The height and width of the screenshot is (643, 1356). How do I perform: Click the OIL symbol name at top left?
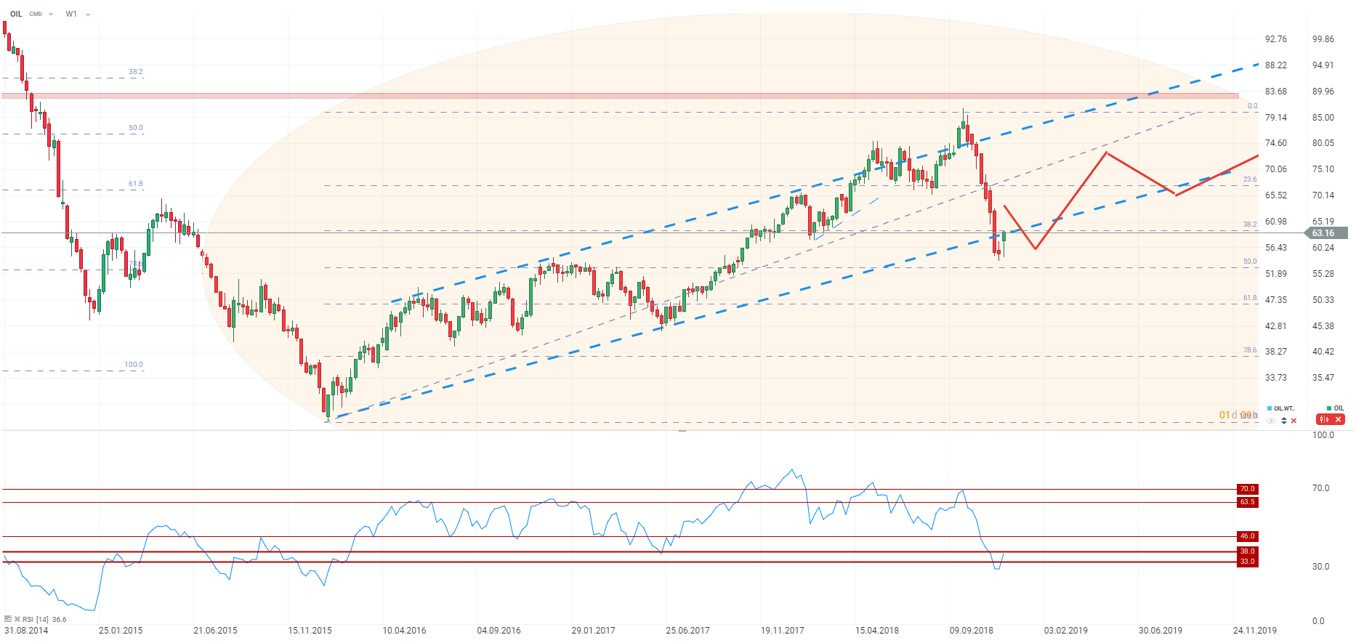(16, 14)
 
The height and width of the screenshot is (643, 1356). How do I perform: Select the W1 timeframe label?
(71, 14)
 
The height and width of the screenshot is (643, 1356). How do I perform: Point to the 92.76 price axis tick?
(1275, 39)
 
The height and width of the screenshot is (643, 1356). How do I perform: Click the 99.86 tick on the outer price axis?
(1323, 39)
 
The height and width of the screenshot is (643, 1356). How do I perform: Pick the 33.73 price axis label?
(1275, 378)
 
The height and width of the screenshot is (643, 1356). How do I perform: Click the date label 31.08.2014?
(26, 630)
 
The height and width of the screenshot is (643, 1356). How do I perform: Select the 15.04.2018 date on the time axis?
(876, 630)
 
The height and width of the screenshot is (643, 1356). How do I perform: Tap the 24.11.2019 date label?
(1254, 630)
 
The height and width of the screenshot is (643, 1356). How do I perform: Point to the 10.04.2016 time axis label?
(404, 630)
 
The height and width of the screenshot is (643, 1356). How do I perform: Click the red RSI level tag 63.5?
(1247, 502)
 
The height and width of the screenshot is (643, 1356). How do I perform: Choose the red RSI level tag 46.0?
(1247, 536)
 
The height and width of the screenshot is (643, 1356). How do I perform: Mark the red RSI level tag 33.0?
(1247, 562)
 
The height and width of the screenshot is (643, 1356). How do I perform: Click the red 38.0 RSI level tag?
(1247, 551)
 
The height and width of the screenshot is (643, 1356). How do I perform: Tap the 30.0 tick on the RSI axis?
(1320, 567)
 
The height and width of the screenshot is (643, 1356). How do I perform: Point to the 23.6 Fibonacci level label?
(1249, 179)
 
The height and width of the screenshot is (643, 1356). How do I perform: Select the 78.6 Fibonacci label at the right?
(1249, 350)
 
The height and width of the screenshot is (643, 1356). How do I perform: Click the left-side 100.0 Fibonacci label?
(134, 365)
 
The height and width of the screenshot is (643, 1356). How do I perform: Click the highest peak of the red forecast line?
(1106, 153)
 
